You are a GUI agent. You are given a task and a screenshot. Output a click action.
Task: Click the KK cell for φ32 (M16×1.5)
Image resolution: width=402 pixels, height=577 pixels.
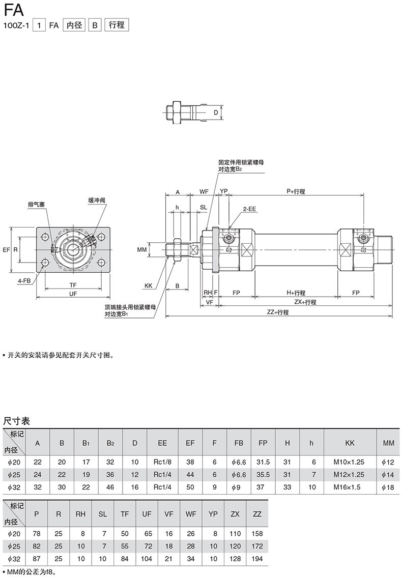coord(350,487)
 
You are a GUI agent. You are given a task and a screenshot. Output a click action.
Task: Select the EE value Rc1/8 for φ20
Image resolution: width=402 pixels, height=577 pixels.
coord(162,462)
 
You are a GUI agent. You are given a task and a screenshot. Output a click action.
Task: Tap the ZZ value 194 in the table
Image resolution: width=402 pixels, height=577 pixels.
coord(257,559)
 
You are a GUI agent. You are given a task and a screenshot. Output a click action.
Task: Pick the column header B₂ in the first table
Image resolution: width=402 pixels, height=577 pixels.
coord(110,443)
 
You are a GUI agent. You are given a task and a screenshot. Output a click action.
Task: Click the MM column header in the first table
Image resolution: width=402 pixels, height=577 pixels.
coord(388,443)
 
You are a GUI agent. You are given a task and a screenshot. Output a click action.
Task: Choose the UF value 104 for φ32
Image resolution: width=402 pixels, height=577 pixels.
coord(147,559)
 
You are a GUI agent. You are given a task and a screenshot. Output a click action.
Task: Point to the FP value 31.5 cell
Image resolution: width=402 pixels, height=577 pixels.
coord(263,462)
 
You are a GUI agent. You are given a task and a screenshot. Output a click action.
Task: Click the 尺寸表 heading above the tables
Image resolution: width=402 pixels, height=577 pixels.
coord(17,421)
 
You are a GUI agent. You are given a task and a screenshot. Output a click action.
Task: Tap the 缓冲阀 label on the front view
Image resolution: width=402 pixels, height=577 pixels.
coord(97,200)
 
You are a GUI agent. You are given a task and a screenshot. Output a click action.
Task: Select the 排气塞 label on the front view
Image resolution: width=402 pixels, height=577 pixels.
coord(37,204)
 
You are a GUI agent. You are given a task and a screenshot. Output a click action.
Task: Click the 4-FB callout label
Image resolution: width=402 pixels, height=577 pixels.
coord(24,281)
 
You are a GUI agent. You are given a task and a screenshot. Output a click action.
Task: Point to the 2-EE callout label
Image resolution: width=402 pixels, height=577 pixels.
coord(249,209)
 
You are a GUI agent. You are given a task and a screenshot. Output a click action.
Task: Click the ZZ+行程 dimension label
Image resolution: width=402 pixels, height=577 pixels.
coord(278,312)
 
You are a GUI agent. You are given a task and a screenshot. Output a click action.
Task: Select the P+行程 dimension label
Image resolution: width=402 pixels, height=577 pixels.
coord(296,191)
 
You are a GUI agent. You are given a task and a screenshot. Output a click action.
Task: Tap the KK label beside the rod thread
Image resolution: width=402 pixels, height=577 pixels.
coord(149,285)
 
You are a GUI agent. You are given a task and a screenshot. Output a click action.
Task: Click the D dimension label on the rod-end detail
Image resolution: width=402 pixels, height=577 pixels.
coord(216,112)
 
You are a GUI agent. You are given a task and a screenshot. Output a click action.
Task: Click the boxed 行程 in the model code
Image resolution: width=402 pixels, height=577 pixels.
coord(117,25)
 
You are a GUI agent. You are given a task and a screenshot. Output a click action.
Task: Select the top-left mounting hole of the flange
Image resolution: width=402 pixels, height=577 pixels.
coord(45,237)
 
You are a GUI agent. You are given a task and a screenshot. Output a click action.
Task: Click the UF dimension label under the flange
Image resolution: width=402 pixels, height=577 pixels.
coord(73,294)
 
